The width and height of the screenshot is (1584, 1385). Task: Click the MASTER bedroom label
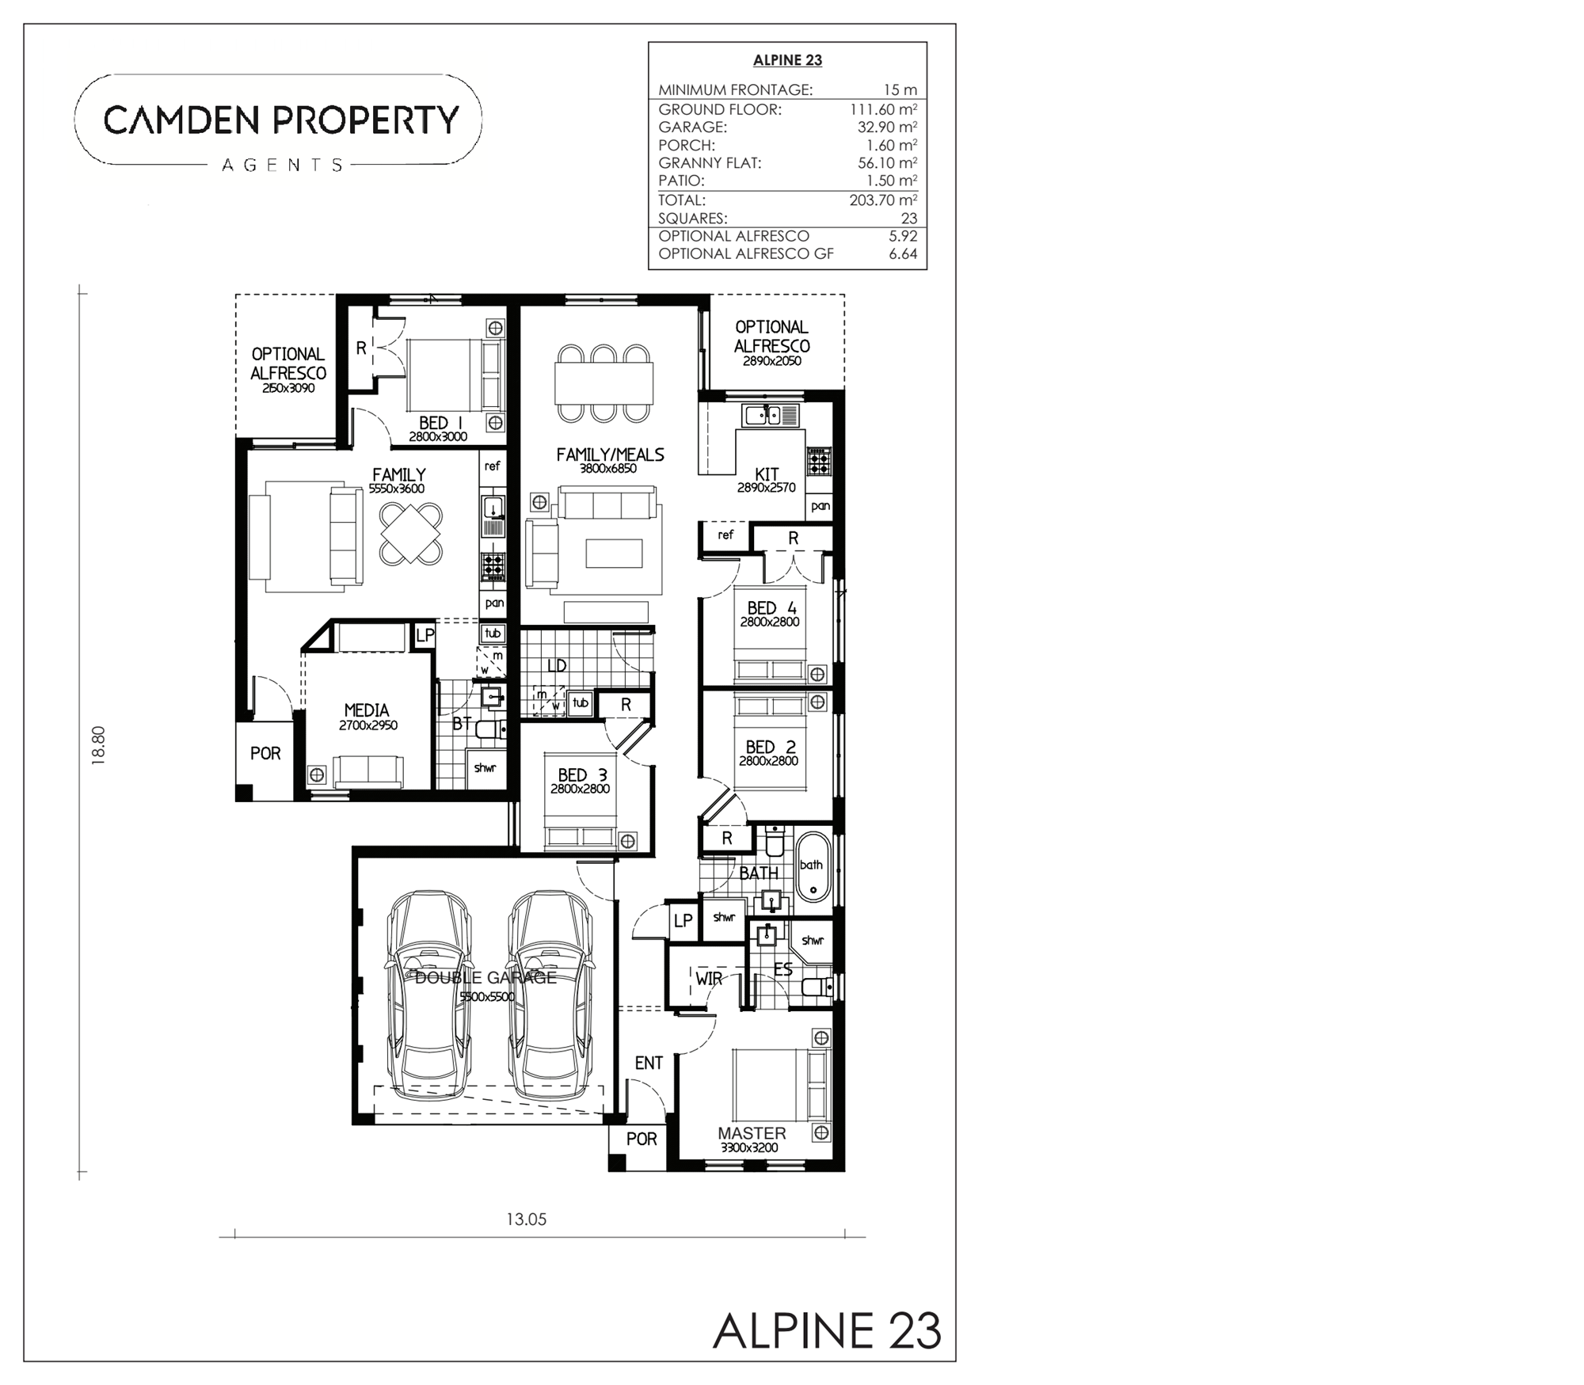coord(752,1133)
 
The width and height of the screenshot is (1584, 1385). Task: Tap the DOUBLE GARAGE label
coord(485,977)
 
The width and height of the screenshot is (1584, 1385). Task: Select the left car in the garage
coord(428,995)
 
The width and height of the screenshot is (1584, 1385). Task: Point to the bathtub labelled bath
coord(813,866)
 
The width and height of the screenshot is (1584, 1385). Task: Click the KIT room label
coord(767,474)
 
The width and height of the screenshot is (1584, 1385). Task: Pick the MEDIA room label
coord(367,710)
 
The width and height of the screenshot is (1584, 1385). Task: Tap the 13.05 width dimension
coord(527,1219)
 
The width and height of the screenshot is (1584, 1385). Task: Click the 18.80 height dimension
coord(98,745)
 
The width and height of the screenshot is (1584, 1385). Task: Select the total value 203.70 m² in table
coord(883,200)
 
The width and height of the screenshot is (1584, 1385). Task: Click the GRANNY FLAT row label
coord(710,163)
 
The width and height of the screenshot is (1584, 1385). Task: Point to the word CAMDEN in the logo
coord(181,120)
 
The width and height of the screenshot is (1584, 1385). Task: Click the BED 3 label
coord(582,775)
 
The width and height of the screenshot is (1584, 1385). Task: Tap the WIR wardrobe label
coord(709,979)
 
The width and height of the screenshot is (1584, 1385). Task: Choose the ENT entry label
coord(649,1063)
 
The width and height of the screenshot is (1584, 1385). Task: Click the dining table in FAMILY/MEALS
coord(604,383)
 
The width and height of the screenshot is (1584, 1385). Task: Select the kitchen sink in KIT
coord(771,414)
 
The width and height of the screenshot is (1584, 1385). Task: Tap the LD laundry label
coord(557,665)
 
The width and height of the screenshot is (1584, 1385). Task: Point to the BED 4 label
coord(771,607)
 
